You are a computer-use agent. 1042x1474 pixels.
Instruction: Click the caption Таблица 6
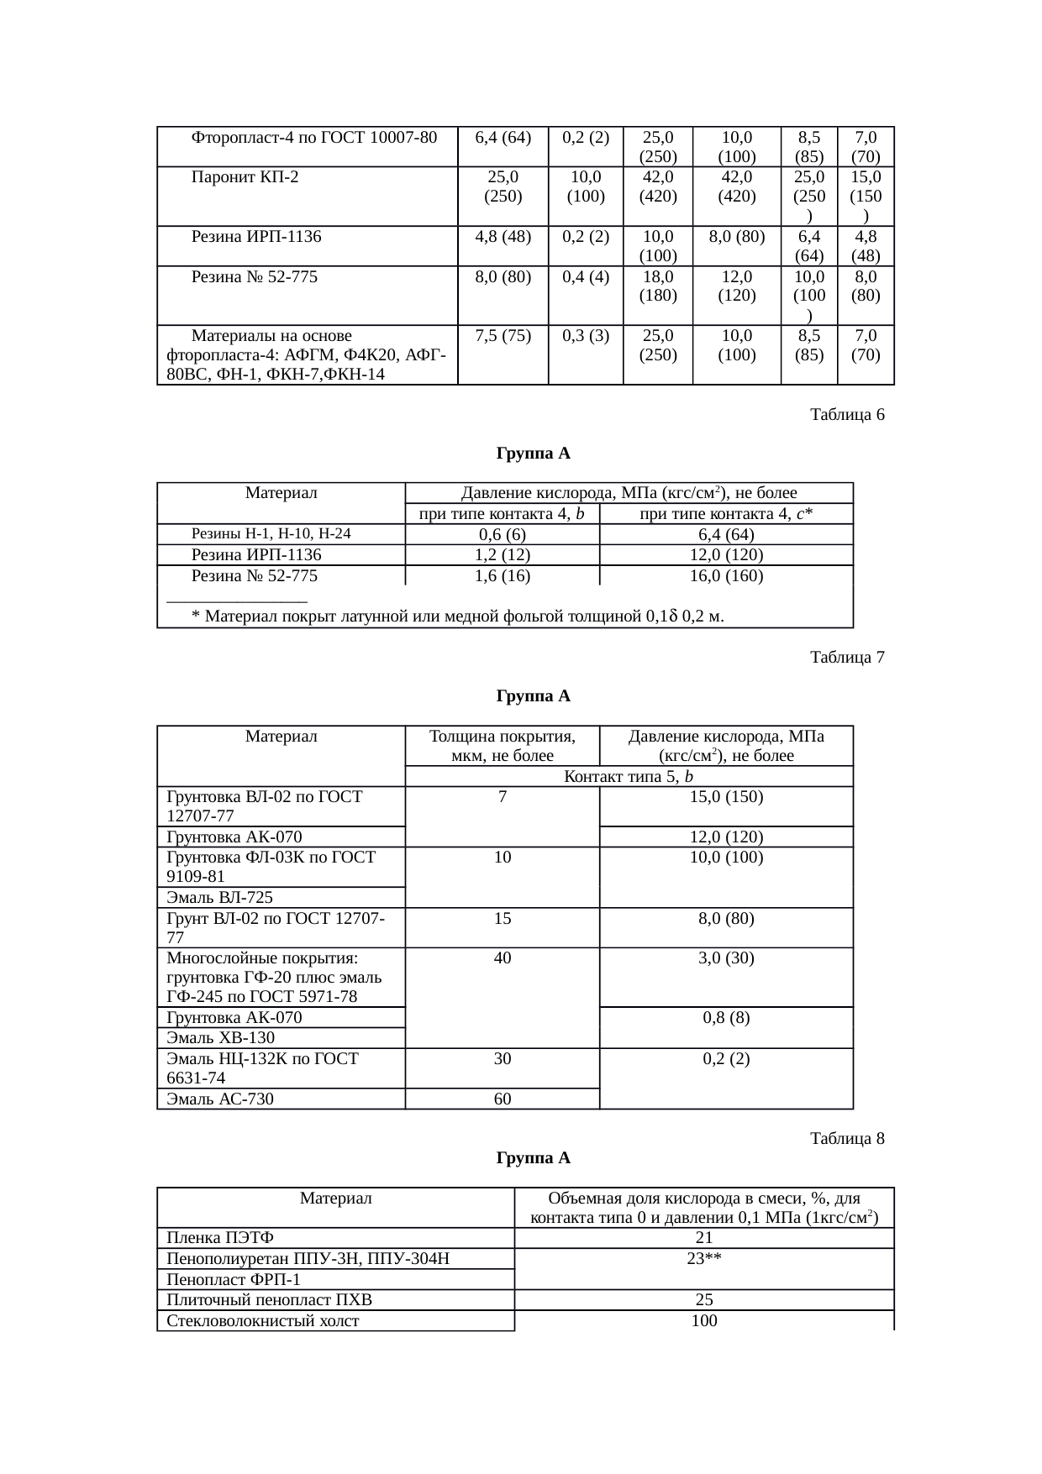point(846,415)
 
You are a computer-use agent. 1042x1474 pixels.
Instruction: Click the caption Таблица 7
point(846,658)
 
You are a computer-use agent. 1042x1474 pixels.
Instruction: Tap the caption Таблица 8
point(846,1139)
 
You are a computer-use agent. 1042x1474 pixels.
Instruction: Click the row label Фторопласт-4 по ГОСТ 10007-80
point(314,137)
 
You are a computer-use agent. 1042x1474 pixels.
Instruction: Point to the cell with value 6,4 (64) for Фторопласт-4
point(503,137)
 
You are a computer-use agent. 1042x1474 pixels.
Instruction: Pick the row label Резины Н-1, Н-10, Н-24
point(271,533)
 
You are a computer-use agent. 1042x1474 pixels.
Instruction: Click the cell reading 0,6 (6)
point(503,535)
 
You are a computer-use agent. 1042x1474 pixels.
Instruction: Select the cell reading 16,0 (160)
point(726,575)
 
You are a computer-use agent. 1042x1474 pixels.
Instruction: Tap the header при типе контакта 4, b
point(503,514)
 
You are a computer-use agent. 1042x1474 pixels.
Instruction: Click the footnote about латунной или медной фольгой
point(458,617)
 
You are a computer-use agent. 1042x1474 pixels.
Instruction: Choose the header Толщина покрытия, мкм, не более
point(503,746)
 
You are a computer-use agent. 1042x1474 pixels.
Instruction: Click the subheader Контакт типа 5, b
point(629,777)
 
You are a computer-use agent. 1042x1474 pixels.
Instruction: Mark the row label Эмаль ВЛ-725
point(220,898)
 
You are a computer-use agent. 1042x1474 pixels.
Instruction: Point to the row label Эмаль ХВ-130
point(221,1038)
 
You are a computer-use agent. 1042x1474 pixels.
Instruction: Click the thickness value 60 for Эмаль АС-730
point(503,1099)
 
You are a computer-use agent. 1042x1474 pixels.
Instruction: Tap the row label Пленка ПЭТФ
point(220,1238)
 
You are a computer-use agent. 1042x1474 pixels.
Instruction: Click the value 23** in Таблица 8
point(704,1259)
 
